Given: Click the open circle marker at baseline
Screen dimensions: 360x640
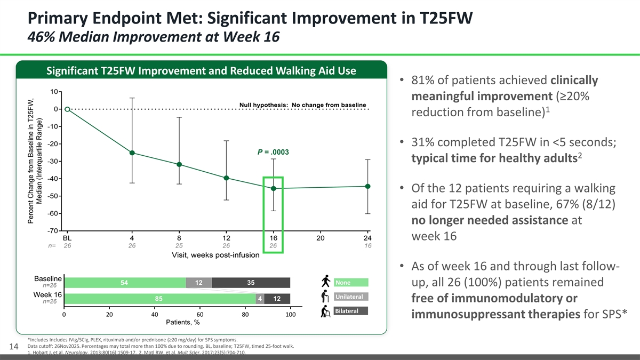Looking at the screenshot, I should pos(67,109).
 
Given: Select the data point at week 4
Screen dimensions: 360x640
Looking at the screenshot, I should pos(132,153).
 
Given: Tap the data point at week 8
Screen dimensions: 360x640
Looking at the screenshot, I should pos(180,164).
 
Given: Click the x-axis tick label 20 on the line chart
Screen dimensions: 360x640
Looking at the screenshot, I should pos(321,238).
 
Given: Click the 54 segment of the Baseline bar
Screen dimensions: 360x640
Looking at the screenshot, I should pos(124,283).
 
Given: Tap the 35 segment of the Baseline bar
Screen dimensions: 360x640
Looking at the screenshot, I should pos(251,283).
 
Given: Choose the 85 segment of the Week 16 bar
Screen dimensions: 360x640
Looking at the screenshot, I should pos(159,299).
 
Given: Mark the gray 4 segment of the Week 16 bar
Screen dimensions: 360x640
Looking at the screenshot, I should pos(260,299).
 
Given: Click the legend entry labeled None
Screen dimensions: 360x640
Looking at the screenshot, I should pos(350,282).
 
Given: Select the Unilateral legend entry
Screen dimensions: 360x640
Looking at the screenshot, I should pos(350,297).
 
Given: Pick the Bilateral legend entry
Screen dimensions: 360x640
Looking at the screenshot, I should pos(350,311).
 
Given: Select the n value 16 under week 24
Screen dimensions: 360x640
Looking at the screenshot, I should pos(367,246).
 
